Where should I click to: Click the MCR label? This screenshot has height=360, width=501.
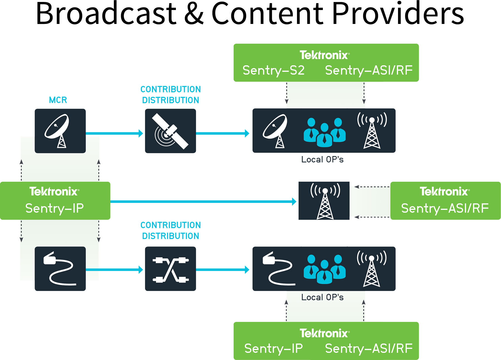pos(58,100)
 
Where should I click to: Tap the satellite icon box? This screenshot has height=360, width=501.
pos(170,131)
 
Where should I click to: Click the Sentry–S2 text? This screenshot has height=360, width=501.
pos(273,70)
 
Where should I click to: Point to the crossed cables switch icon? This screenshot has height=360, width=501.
pos(170,269)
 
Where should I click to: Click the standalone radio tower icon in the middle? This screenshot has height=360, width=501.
pos(324,201)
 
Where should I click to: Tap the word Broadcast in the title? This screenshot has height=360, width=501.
pos(106,14)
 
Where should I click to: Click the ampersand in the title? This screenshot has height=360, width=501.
pos(194,14)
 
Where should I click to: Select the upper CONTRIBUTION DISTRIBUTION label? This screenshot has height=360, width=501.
pos(170,95)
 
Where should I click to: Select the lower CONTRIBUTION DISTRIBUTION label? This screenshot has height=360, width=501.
pos(170,230)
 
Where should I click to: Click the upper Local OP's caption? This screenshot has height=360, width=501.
pos(322,159)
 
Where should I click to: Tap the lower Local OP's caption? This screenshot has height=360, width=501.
pos(322,297)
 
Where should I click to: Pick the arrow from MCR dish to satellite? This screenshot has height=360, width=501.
pos(114,134)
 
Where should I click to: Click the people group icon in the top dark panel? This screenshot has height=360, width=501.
pos(324,132)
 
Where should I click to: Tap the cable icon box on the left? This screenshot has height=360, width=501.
pos(60,269)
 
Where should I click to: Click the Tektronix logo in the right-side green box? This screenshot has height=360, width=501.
pos(444,191)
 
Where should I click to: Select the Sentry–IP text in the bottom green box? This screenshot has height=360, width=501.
pos(273,348)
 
